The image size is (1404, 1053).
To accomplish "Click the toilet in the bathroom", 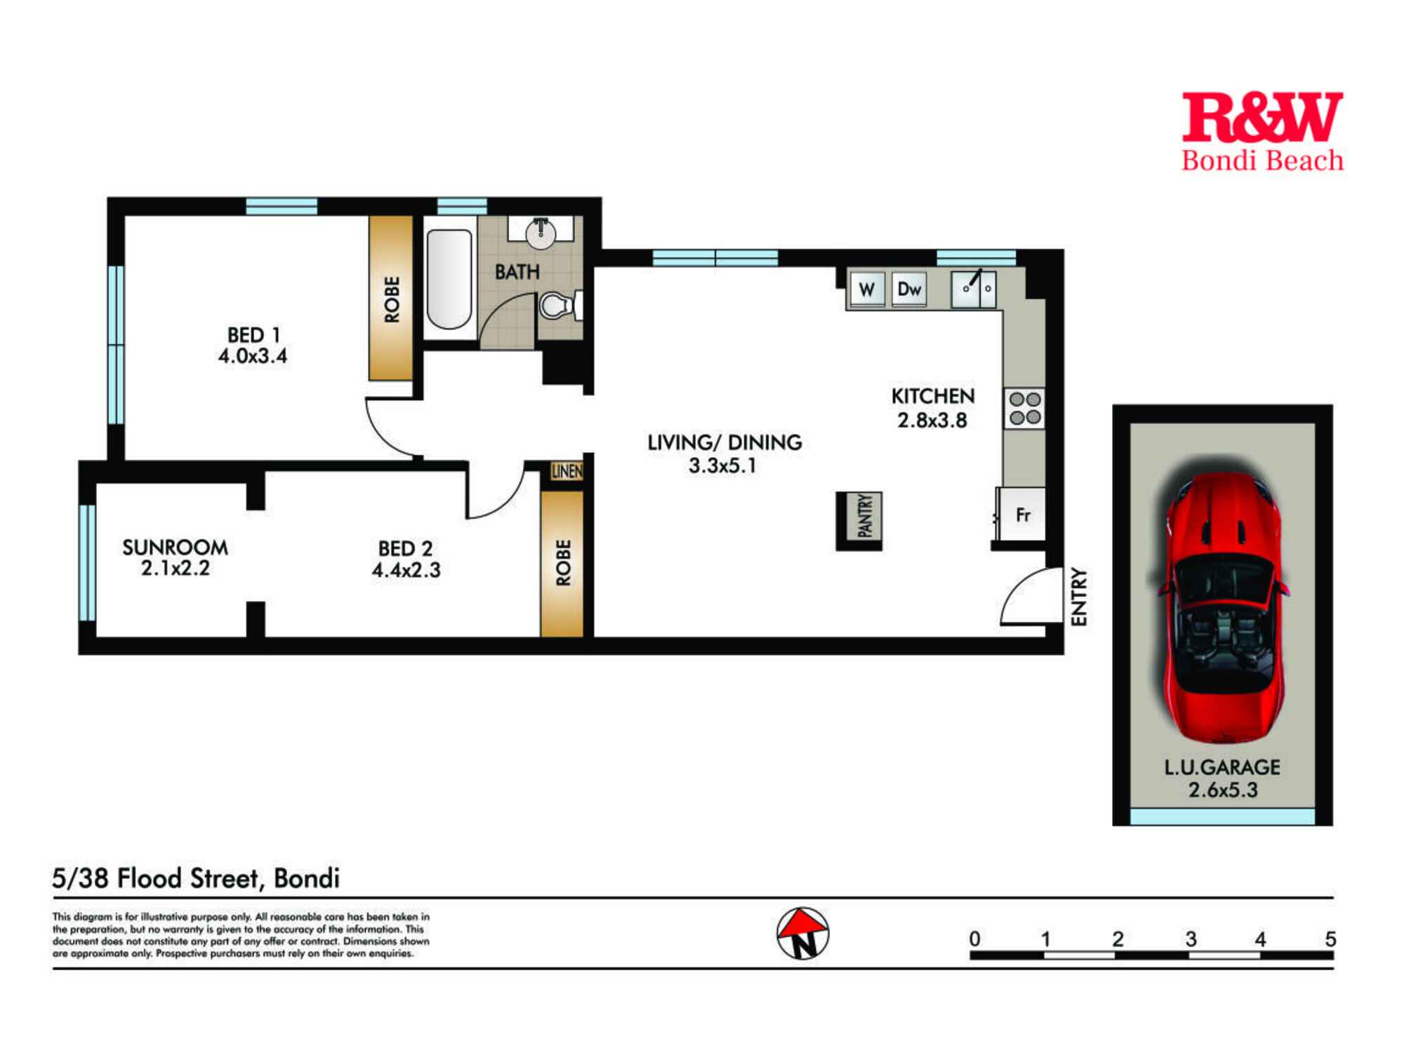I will tap(559, 306).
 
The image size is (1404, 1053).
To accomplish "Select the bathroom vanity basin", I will tap(541, 232).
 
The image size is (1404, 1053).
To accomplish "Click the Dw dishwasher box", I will tap(909, 289).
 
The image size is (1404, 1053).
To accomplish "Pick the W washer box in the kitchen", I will tap(867, 289).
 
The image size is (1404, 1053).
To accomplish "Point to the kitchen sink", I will tap(973, 289).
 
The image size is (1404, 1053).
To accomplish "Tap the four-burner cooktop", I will tap(1024, 409).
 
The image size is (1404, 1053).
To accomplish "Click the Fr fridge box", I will tap(1022, 515).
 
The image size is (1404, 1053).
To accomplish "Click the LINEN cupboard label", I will tap(567, 471).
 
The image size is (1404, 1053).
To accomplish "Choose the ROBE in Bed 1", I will tap(392, 298).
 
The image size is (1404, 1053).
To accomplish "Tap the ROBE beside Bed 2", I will tap(562, 562).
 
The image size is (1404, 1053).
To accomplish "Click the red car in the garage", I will tap(1222, 607).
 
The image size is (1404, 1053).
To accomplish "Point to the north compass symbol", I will tap(802, 933).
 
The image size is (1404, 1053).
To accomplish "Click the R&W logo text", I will tap(1261, 118).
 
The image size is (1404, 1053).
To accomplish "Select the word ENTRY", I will tap(1079, 597).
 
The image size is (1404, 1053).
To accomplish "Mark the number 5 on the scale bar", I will tap(1330, 939).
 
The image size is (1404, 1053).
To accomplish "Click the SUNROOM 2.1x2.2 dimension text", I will tap(175, 568).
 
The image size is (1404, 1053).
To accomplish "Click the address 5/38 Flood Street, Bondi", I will tap(196, 878).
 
